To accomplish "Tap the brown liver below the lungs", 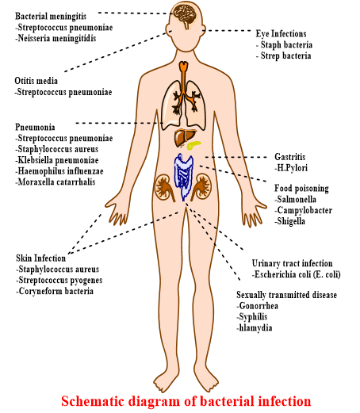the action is click(x=184, y=137).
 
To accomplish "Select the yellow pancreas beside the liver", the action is click(x=194, y=145).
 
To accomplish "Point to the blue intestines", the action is click(x=183, y=176).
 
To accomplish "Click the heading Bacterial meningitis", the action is click(x=51, y=17).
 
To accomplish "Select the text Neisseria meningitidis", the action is click(x=56, y=38).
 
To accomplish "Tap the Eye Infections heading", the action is click(x=281, y=34).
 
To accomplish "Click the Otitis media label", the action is click(x=36, y=81).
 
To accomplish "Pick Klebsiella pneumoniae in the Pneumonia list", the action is click(x=57, y=160).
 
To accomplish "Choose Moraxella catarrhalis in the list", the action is click(x=56, y=182).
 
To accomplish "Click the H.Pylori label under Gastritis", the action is click(x=291, y=168).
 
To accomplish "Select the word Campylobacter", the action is click(x=304, y=210).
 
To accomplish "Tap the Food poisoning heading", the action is click(x=301, y=189).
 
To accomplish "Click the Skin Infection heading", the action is click(x=41, y=258).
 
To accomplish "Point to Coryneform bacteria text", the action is click(x=55, y=291).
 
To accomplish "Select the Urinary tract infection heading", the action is click(x=292, y=263).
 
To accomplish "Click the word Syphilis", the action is click(x=252, y=317).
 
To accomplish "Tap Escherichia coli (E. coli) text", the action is click(x=297, y=274).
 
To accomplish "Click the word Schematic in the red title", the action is click(x=93, y=401).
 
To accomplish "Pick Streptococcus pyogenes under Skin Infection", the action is click(x=59, y=281).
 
